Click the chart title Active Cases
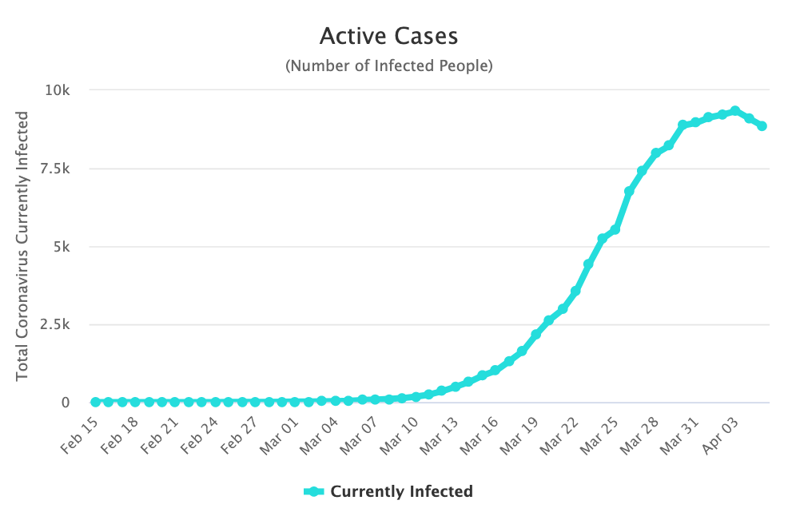click(388, 37)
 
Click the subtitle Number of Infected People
click(388, 66)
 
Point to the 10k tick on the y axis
click(57, 90)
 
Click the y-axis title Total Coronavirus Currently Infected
click(23, 245)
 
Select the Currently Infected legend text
click(401, 491)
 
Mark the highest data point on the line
click(735, 111)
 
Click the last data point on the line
click(762, 126)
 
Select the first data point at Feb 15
click(96, 402)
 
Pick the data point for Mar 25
click(615, 229)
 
